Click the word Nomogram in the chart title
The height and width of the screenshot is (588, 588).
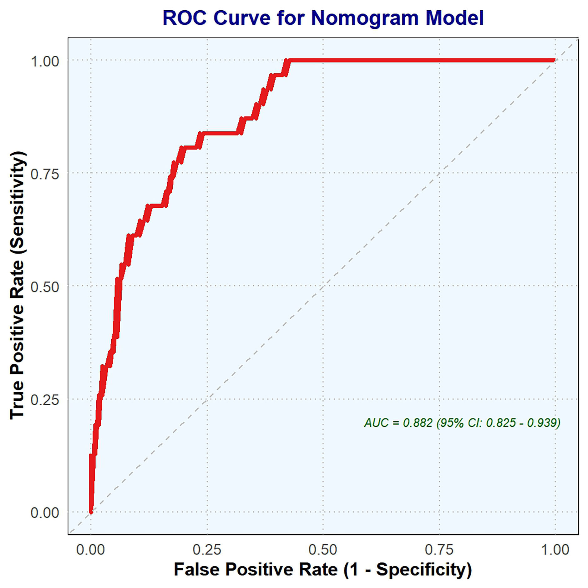[364, 18]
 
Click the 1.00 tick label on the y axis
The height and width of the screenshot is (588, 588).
[45, 62]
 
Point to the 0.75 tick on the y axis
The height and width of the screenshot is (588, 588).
[45, 174]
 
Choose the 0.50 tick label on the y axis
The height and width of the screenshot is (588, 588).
[45, 287]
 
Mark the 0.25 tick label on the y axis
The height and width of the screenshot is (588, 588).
[45, 400]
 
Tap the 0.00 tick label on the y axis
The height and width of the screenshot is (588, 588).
[45, 513]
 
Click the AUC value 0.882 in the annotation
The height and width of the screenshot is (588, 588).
[417, 423]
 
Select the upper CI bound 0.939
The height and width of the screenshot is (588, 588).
[543, 423]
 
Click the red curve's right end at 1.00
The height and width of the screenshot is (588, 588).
[555, 60]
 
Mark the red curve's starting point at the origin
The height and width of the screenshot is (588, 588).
[91, 512]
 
